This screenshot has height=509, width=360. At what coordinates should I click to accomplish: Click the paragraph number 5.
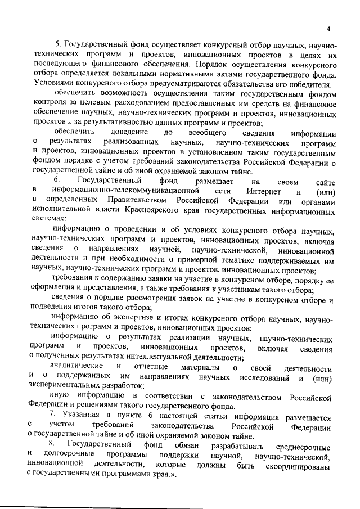pyautogui.click(x=56, y=44)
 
